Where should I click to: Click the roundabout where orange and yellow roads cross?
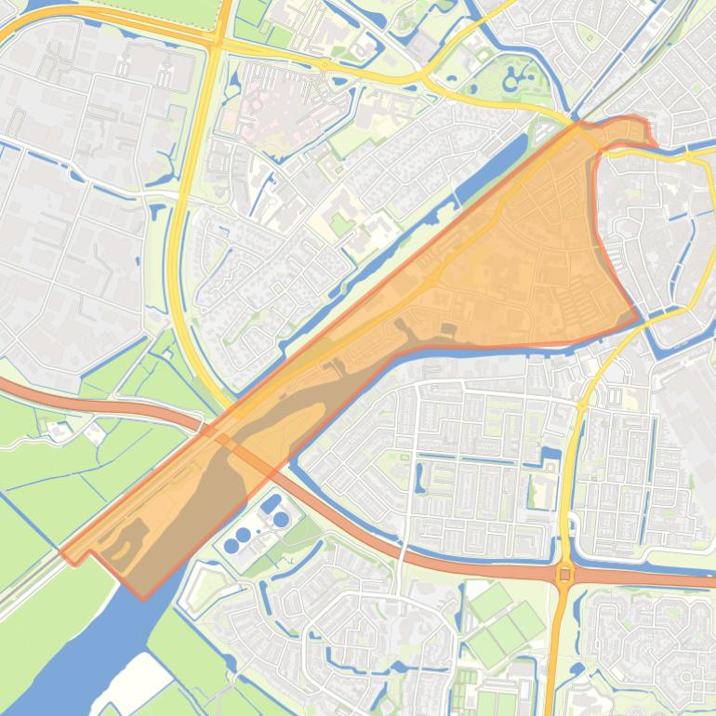tap(564, 575)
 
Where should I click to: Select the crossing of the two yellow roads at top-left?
tap(216, 42)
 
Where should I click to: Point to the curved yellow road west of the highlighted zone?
tap(180, 279)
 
